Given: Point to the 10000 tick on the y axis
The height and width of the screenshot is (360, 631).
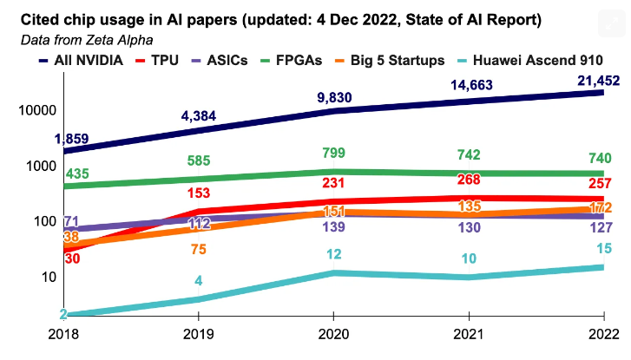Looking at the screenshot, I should point(33,110).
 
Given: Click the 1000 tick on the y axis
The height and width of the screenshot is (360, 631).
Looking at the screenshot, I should point(36,166).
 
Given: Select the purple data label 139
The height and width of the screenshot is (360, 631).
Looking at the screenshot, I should point(330,226).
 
